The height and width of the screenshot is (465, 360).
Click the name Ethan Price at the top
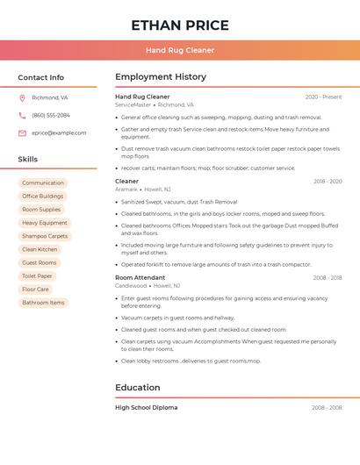pos(180,25)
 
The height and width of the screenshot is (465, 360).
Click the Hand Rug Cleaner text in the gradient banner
pos(180,50)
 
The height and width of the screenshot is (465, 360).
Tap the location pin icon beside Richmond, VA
pos(22,97)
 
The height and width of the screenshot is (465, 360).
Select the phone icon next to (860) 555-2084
pos(22,115)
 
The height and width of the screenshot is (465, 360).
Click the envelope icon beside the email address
pos(22,132)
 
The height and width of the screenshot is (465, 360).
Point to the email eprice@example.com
pos(59,132)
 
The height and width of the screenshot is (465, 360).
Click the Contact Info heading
pos(41,77)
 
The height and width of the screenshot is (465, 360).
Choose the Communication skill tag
pos(43,183)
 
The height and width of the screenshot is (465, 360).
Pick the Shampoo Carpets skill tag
pos(45,236)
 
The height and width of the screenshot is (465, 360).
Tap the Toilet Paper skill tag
pos(38,275)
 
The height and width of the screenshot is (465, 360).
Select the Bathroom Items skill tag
pos(43,303)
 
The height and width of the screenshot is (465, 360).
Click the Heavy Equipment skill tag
pos(45,223)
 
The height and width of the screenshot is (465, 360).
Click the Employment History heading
pos(161,77)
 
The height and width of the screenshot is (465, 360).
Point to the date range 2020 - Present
pos(323,97)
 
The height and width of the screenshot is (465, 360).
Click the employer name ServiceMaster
pos(133,104)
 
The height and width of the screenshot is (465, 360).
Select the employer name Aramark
pos(126,189)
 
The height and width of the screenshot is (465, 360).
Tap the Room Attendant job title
pos(140,278)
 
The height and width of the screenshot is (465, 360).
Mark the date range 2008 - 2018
pos(328,278)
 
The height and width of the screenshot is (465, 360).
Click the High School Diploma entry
pos(147,407)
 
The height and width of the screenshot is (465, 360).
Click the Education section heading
pos(138,387)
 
